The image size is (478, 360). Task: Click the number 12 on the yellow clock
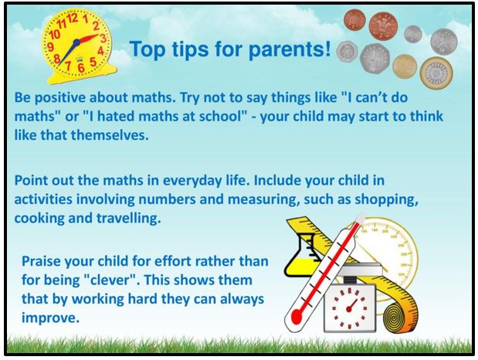click(73, 19)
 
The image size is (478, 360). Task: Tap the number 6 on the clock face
click(81, 67)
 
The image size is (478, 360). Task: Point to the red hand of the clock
click(88, 39)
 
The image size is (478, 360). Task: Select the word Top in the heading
click(147, 49)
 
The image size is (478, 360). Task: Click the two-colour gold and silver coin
click(436, 73)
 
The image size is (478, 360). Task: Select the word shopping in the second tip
click(386, 200)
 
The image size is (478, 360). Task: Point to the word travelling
click(129, 219)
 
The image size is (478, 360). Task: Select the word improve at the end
click(50, 318)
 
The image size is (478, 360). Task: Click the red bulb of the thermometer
click(296, 317)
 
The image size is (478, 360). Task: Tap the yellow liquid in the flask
click(302, 266)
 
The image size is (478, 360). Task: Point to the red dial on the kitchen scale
click(349, 308)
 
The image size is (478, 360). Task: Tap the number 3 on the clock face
click(103, 39)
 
